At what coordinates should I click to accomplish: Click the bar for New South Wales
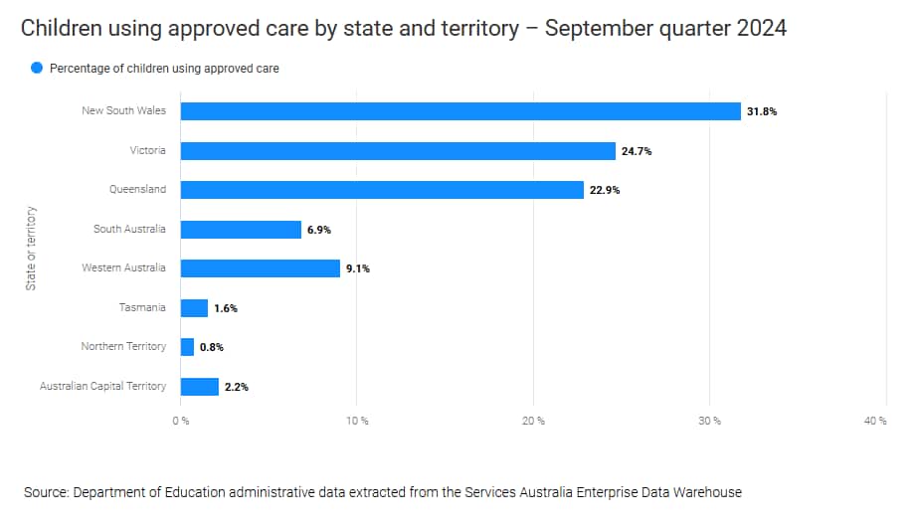[460, 111]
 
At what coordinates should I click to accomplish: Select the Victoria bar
[398, 151]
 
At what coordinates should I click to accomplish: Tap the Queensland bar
[382, 190]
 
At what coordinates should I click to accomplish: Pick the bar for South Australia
[241, 230]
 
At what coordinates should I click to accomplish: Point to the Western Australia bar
[260, 268]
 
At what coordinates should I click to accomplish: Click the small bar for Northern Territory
[187, 347]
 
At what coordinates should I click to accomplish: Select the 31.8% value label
[762, 112]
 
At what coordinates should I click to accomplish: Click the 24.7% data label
[637, 151]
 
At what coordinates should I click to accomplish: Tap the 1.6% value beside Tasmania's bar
[225, 308]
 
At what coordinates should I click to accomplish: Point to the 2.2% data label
[236, 387]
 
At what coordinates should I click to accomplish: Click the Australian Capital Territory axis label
[102, 386]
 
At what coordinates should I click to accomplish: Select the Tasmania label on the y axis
[142, 307]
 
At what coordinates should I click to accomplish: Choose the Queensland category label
[138, 189]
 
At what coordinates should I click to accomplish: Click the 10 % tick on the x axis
[357, 421]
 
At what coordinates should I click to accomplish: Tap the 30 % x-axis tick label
[710, 421]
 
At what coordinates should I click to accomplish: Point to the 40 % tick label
[875, 421]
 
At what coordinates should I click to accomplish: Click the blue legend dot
[37, 69]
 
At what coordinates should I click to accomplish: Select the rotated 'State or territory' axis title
[31, 248]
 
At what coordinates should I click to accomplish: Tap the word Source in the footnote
[45, 491]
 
